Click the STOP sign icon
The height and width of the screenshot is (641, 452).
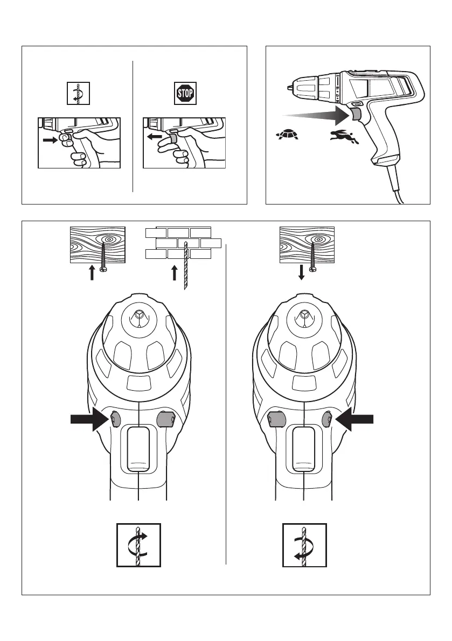[185, 93]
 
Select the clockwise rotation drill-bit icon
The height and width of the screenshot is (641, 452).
[138, 545]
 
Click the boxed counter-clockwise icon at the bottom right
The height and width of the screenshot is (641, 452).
[304, 545]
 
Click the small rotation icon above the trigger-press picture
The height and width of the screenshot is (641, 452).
[78, 93]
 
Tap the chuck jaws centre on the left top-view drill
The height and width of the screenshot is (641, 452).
[139, 315]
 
